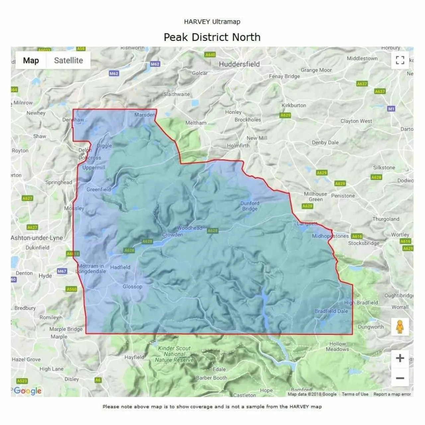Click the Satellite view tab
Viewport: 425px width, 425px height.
[68, 60]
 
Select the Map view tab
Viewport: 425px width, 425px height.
[31, 60]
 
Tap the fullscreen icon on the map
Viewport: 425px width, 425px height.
[400, 60]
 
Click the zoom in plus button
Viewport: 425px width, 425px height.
[400, 358]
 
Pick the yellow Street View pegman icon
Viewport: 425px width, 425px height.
[400, 327]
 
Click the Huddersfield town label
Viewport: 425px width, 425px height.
[239, 64]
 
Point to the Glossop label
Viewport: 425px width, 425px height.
[132, 287]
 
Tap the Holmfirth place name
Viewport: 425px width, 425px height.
[238, 145]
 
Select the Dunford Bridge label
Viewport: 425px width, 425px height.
[250, 206]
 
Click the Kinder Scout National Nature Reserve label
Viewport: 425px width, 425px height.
[174, 354]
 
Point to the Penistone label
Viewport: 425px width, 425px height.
[343, 196]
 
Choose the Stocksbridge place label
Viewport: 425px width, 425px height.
[364, 243]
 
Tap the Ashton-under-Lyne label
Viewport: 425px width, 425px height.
[37, 238]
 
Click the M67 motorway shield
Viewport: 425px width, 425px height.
[62, 271]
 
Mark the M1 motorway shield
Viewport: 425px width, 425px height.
[391, 109]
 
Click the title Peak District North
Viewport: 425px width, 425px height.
[212, 37]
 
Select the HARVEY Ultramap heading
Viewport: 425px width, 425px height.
[212, 22]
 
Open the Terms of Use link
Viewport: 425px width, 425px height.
[355, 394]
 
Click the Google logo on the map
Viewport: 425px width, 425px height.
[28, 391]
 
